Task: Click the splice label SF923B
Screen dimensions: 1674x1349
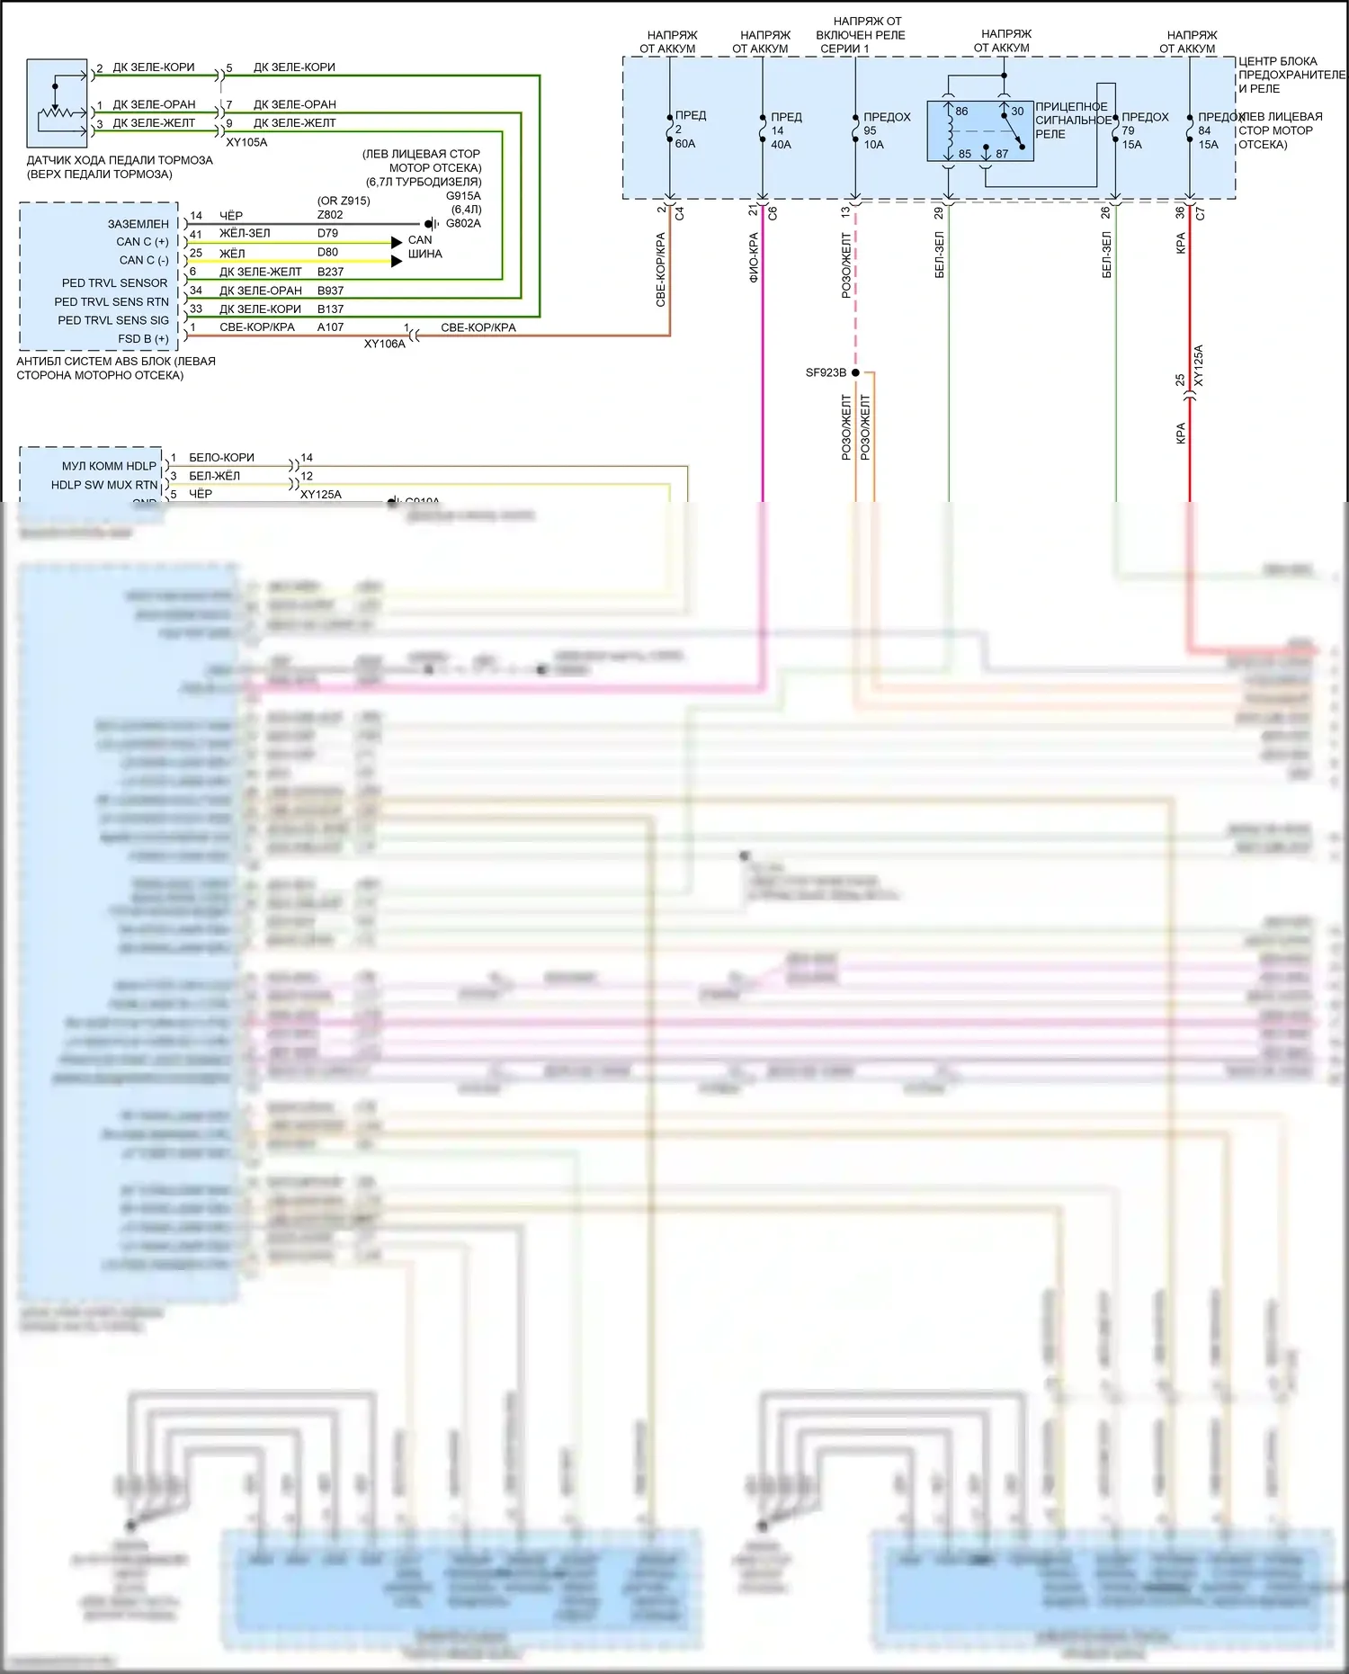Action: [x=826, y=372]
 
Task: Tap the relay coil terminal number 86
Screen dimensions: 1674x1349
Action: [x=961, y=112]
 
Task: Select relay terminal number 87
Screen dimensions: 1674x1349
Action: [x=1002, y=154]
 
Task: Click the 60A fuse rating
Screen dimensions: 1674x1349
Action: [x=685, y=144]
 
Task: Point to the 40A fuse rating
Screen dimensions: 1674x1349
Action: [x=781, y=145]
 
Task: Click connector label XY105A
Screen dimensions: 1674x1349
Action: [x=246, y=142]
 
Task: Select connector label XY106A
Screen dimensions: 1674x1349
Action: [x=384, y=344]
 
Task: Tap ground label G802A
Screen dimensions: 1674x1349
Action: [x=463, y=223]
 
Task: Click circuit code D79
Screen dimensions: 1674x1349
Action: [x=327, y=233]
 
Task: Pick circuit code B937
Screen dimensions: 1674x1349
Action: [x=330, y=291]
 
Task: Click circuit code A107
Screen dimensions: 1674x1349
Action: [x=330, y=327]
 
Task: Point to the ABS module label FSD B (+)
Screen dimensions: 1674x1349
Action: [x=143, y=339]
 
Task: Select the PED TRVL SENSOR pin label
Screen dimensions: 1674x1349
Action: [x=114, y=282]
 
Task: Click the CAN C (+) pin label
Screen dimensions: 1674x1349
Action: [x=142, y=242]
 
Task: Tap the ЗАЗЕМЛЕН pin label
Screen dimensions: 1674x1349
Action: [x=138, y=224]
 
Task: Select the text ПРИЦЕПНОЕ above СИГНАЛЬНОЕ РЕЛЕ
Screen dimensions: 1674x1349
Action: [x=1071, y=106]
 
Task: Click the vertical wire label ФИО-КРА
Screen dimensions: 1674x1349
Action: [x=754, y=257]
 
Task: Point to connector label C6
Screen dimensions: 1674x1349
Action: [x=773, y=213]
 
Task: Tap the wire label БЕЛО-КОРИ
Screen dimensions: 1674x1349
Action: [x=221, y=458]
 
